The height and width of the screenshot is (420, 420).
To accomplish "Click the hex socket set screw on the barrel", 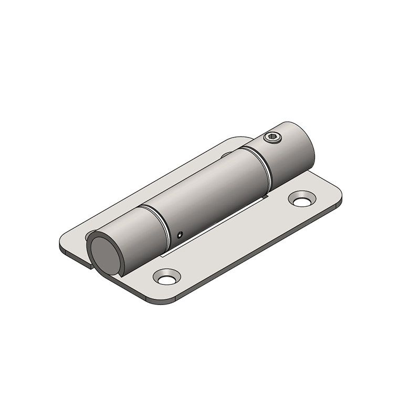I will (272, 138).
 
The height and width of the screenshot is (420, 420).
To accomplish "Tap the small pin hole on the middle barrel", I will (180, 235).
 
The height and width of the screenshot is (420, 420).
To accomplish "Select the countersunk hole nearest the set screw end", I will (303, 200).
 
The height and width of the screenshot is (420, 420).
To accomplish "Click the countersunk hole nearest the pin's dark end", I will (167, 277).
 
